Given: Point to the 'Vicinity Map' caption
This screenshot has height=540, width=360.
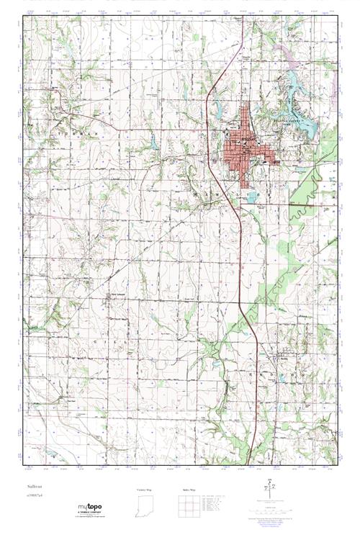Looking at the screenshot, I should click(145, 490).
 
